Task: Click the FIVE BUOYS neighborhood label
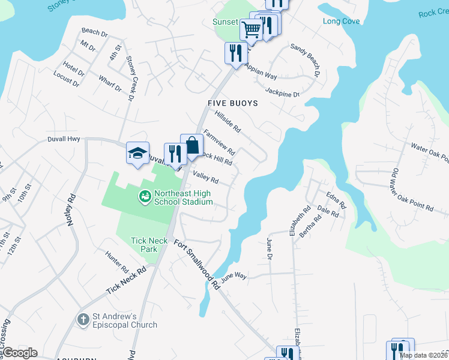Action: point(232,103)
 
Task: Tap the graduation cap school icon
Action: point(137,153)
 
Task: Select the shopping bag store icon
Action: point(192,146)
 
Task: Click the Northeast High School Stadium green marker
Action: point(144,196)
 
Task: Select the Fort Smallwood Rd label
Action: point(197,265)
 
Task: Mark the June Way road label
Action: point(234,277)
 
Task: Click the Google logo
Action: point(20,353)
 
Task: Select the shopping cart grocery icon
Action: point(251,28)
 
